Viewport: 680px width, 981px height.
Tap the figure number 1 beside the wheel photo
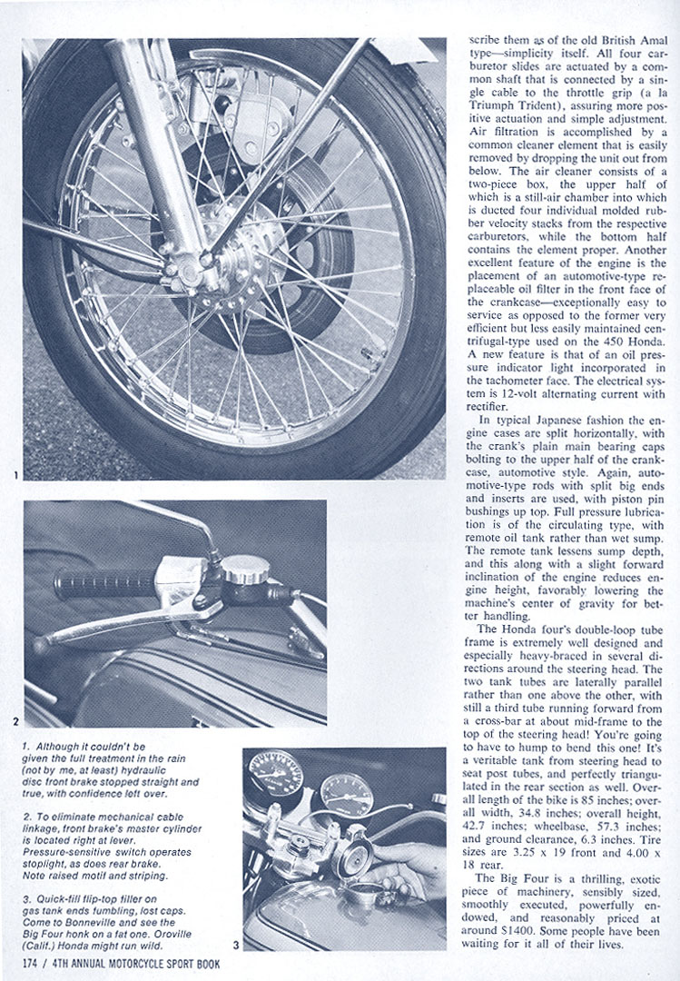[16, 474]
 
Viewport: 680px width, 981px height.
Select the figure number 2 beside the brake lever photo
[16, 722]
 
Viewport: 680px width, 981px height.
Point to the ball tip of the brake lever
[39, 647]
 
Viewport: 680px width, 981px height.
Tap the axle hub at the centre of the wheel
[211, 258]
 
